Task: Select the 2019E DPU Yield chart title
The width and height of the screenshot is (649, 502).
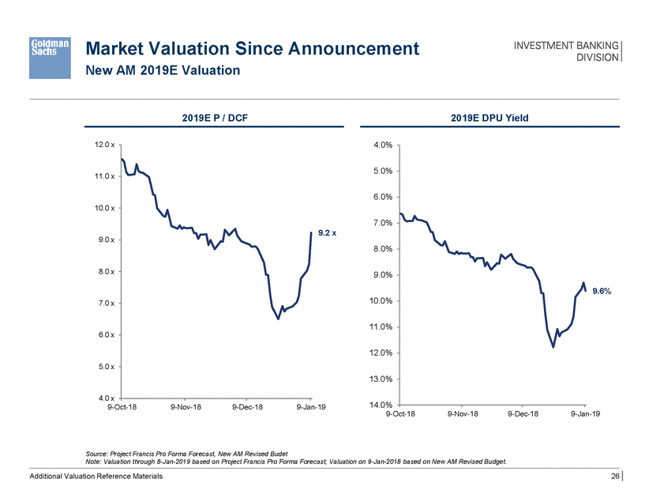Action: [x=490, y=119]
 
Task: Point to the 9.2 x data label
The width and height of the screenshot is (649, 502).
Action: [x=327, y=233]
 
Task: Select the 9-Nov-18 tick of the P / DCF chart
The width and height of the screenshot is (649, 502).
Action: [x=186, y=406]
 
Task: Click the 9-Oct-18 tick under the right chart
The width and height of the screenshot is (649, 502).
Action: [x=403, y=413]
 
